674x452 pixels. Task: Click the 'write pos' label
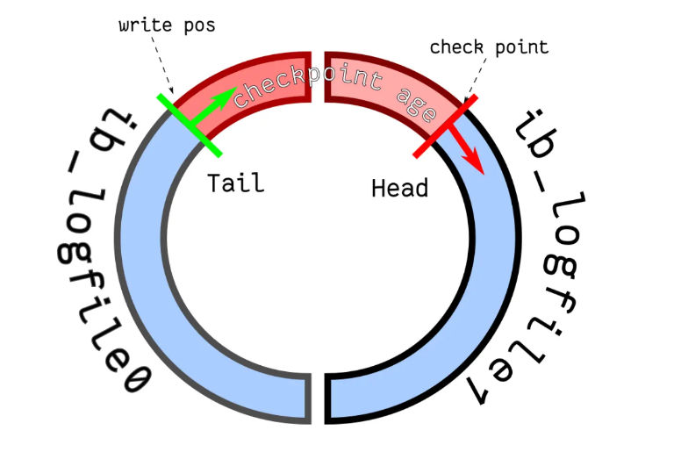tap(167, 25)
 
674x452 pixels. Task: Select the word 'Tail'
tap(234, 183)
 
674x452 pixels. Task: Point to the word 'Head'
tap(399, 188)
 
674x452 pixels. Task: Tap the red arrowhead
tap(475, 163)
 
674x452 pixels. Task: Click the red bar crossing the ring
tap(445, 128)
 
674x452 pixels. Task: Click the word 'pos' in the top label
tap(197, 25)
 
